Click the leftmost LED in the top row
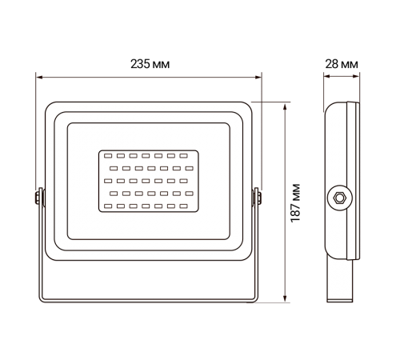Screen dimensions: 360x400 [107, 156]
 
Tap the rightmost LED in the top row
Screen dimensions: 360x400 [184, 156]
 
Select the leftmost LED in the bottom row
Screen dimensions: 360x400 [107, 206]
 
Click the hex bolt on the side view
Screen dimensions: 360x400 [339, 196]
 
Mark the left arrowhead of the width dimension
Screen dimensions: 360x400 [39, 78]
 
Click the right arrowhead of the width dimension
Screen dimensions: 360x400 [260, 78]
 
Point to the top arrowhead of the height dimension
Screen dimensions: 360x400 [286, 104]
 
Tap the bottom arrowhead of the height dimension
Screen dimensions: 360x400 [286, 302]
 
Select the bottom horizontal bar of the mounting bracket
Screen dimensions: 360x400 [148, 302]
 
